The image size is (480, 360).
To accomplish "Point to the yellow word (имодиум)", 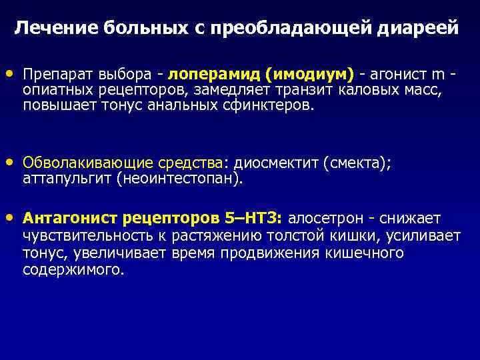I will point(309,73).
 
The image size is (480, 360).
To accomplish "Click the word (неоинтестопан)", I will point(180,179).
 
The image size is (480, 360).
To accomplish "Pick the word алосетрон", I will point(325,219).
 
